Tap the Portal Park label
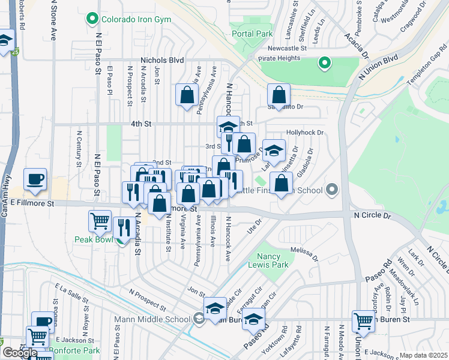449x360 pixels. [252, 34]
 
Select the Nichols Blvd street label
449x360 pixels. [161, 61]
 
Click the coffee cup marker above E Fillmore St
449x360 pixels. [35, 179]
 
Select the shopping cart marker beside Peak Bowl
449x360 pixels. [100, 220]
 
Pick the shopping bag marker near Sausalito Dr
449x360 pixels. [279, 94]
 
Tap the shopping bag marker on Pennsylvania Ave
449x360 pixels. [187, 94]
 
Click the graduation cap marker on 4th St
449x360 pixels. [228, 127]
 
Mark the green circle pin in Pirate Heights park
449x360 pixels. [324, 62]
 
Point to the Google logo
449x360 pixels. [20, 353]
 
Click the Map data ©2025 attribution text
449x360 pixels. [423, 355]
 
